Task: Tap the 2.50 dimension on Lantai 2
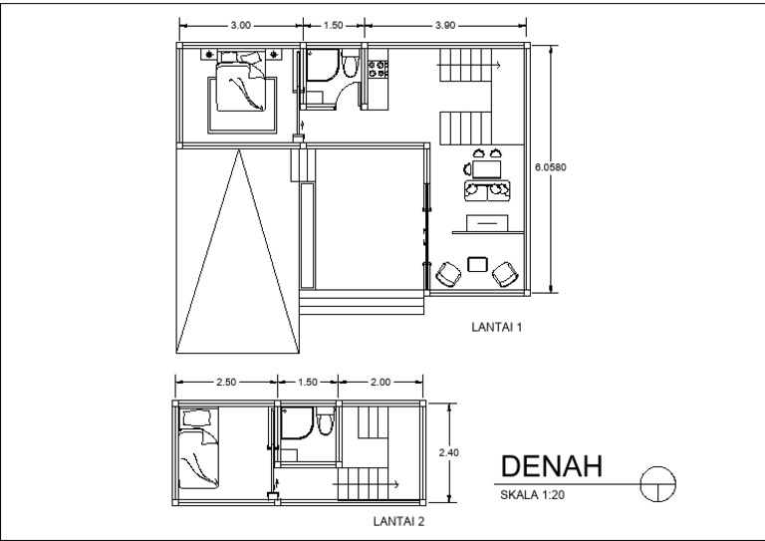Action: [x=224, y=382]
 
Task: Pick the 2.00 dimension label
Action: [x=381, y=382]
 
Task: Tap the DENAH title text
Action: [x=551, y=467]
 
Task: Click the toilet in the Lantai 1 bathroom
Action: [x=349, y=67]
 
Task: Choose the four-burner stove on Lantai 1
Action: [x=378, y=70]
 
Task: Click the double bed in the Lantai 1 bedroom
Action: [x=241, y=90]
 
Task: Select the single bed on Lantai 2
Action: [x=199, y=450]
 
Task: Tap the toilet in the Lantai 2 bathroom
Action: [x=325, y=426]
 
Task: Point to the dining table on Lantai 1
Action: [x=486, y=170]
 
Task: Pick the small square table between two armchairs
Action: [x=477, y=265]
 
